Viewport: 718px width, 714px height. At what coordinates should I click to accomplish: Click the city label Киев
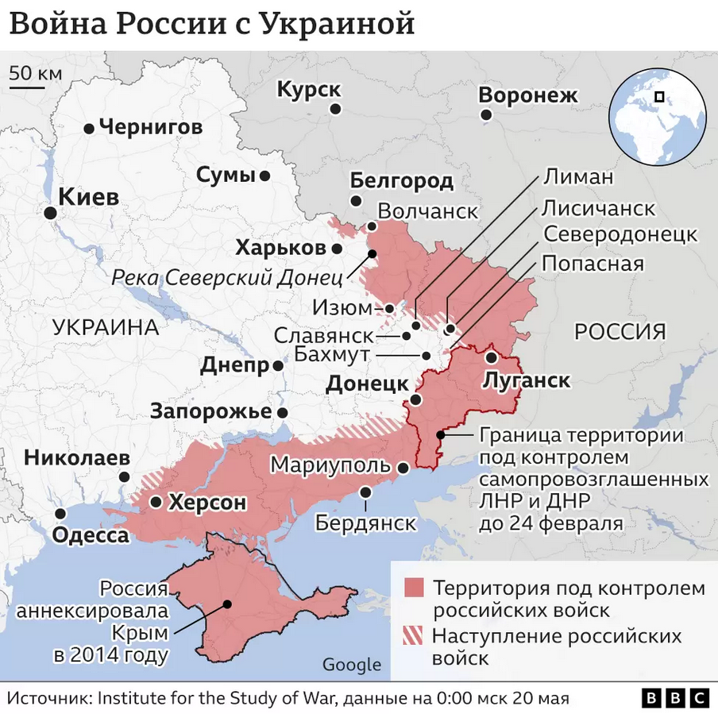click(x=89, y=197)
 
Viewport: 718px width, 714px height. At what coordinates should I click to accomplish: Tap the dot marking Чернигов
click(x=89, y=128)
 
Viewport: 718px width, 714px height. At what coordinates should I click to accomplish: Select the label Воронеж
click(x=528, y=96)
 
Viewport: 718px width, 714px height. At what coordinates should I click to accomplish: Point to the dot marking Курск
click(x=336, y=109)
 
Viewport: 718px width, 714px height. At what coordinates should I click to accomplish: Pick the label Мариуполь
click(x=331, y=465)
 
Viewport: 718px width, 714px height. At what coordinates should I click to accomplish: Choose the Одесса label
click(x=91, y=535)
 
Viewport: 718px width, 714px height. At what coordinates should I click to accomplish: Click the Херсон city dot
click(x=156, y=502)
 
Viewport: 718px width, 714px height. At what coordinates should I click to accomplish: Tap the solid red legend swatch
click(x=414, y=589)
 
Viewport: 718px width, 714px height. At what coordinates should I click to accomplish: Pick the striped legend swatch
click(x=414, y=636)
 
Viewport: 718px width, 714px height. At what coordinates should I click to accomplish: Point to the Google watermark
click(x=351, y=665)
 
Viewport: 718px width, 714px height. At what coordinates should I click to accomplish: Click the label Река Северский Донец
click(x=227, y=278)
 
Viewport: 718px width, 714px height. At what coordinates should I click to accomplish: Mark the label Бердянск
click(x=366, y=523)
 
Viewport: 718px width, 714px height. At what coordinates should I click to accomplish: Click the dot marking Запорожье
click(x=283, y=413)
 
